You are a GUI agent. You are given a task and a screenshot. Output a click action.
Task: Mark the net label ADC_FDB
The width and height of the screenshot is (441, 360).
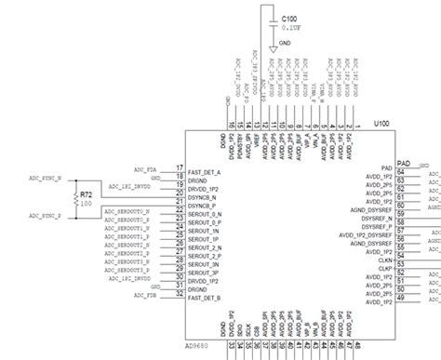click(x=145, y=296)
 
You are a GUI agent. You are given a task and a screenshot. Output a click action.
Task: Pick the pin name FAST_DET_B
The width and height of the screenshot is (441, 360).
click(x=204, y=297)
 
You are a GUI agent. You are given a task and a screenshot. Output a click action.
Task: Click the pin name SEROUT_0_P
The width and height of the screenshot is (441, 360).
click(x=205, y=221)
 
